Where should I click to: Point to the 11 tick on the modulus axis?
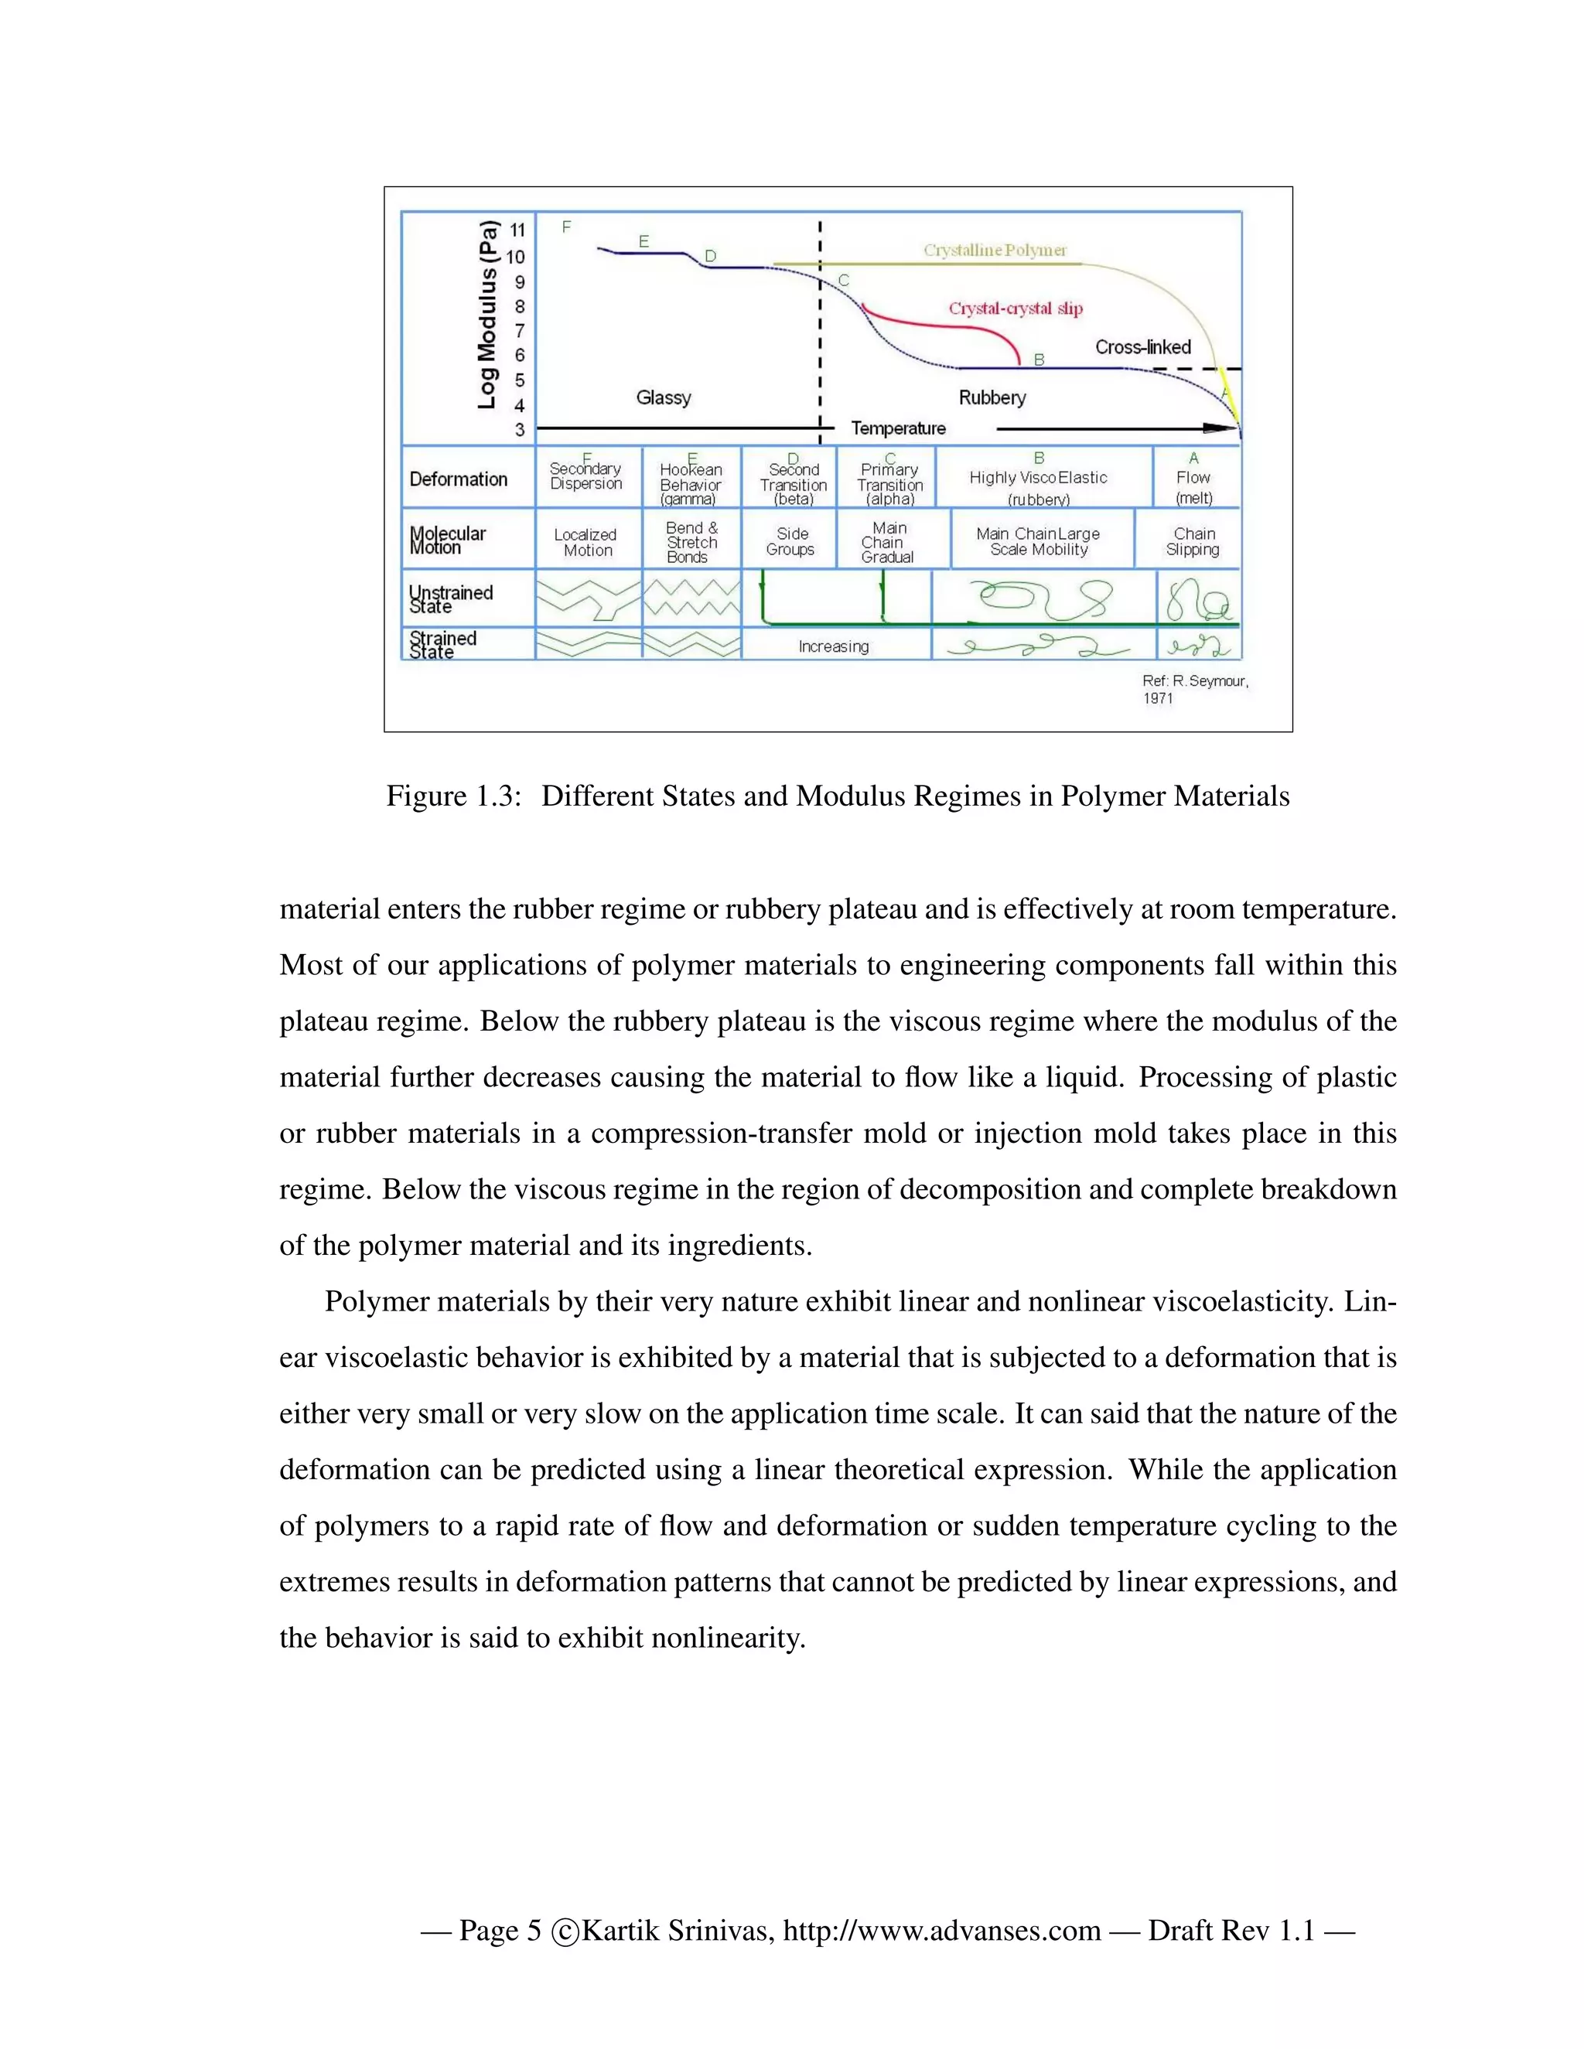click(518, 230)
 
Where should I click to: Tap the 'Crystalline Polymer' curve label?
click(995, 251)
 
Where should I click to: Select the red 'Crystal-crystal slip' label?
click(1016, 309)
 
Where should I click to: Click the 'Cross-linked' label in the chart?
click(1142, 347)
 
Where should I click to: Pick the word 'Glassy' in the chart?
click(664, 397)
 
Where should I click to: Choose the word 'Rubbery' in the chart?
click(992, 397)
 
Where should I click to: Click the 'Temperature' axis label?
click(898, 429)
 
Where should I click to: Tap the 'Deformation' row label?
click(458, 479)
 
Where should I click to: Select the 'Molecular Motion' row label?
click(448, 540)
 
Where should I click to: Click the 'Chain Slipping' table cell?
click(1193, 541)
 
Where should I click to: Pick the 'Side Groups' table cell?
click(790, 541)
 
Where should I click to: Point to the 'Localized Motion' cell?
click(585, 542)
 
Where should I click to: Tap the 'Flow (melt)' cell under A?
click(1193, 486)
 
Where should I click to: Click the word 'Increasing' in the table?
click(833, 646)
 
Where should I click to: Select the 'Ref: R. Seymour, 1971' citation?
click(1193, 689)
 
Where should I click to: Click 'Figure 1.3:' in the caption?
click(453, 796)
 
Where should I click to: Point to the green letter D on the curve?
click(710, 256)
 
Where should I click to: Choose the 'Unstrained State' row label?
click(450, 598)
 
